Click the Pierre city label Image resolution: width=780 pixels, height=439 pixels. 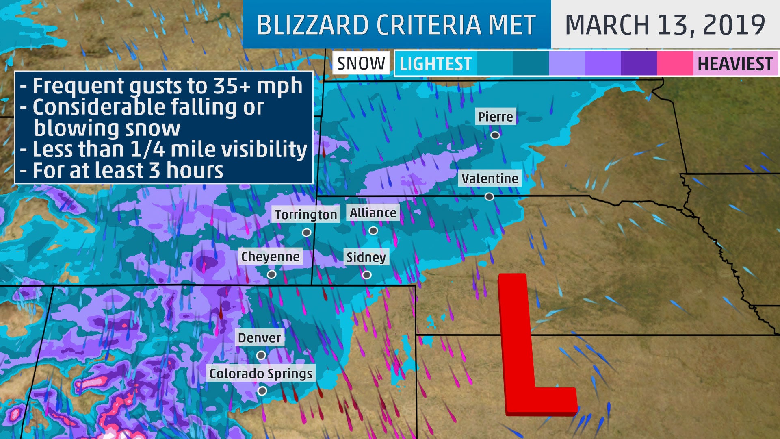click(495, 117)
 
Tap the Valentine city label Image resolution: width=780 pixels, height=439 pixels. click(490, 178)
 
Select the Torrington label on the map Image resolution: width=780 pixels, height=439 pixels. click(305, 215)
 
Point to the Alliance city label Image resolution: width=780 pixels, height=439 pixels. click(373, 213)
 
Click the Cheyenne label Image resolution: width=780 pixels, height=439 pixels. click(270, 256)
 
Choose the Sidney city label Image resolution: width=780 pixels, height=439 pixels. click(366, 257)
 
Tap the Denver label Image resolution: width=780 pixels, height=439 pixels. click(259, 338)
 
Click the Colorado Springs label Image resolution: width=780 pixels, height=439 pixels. click(260, 374)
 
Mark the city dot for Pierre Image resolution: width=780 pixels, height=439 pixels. click(495, 135)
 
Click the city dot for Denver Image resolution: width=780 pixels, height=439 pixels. click(261, 355)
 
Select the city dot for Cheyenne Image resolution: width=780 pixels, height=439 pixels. click(271, 274)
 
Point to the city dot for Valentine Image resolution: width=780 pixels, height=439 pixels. click(489, 197)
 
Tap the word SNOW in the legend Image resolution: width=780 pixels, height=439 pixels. click(361, 63)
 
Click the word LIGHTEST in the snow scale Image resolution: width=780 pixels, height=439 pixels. click(435, 64)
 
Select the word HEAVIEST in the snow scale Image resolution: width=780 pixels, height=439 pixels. click(735, 64)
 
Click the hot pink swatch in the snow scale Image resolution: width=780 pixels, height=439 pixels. click(675, 64)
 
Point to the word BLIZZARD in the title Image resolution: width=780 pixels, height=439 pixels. click(313, 25)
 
